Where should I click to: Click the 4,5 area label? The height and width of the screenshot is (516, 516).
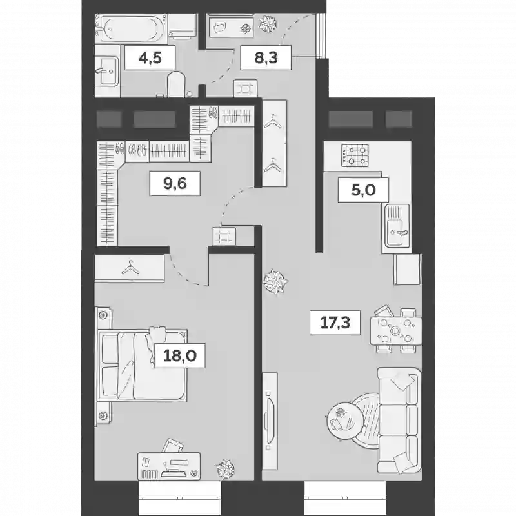click(x=150, y=57)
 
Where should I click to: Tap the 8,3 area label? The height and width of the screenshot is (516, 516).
click(x=266, y=57)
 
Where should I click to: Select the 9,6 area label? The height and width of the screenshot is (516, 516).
click(x=175, y=183)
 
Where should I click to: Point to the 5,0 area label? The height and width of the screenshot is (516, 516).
click(x=363, y=190)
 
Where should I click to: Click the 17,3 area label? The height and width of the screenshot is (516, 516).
click(x=335, y=322)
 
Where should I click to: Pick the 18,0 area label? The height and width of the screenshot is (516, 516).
click(x=180, y=355)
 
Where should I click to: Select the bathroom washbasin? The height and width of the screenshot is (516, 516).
click(x=106, y=71)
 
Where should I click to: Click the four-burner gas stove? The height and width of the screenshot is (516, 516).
click(x=355, y=155)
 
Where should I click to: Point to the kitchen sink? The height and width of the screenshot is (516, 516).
click(x=397, y=225)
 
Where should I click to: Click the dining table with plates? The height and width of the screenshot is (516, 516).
click(x=396, y=330)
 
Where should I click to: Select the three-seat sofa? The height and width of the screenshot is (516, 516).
click(x=399, y=421)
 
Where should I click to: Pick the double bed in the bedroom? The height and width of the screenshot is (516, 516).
click(x=141, y=365)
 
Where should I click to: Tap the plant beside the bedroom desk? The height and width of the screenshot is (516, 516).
click(x=225, y=469)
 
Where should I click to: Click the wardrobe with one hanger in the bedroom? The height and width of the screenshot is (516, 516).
click(x=130, y=268)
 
